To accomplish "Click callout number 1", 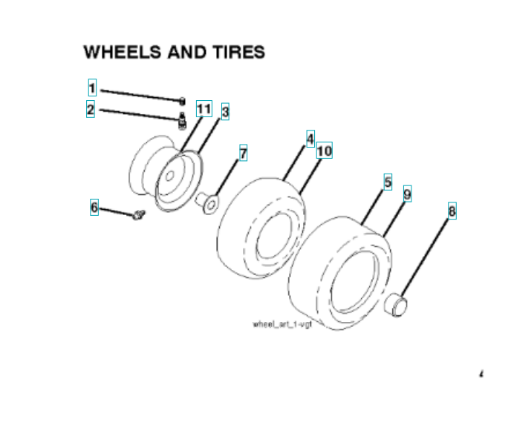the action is click(92, 88).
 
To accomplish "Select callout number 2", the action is click(91, 110).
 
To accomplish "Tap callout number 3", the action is click(225, 112).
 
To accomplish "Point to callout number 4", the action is click(310, 138).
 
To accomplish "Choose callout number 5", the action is click(387, 181).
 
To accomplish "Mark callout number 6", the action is click(94, 208).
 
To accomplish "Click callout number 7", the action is click(242, 154).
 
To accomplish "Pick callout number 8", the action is click(452, 211).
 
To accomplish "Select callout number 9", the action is click(407, 194).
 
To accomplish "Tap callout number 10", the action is click(324, 151).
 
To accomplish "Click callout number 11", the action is click(204, 109).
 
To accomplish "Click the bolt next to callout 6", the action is click(139, 215).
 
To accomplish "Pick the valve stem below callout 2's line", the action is click(180, 119).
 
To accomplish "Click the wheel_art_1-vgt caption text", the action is click(280, 325).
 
